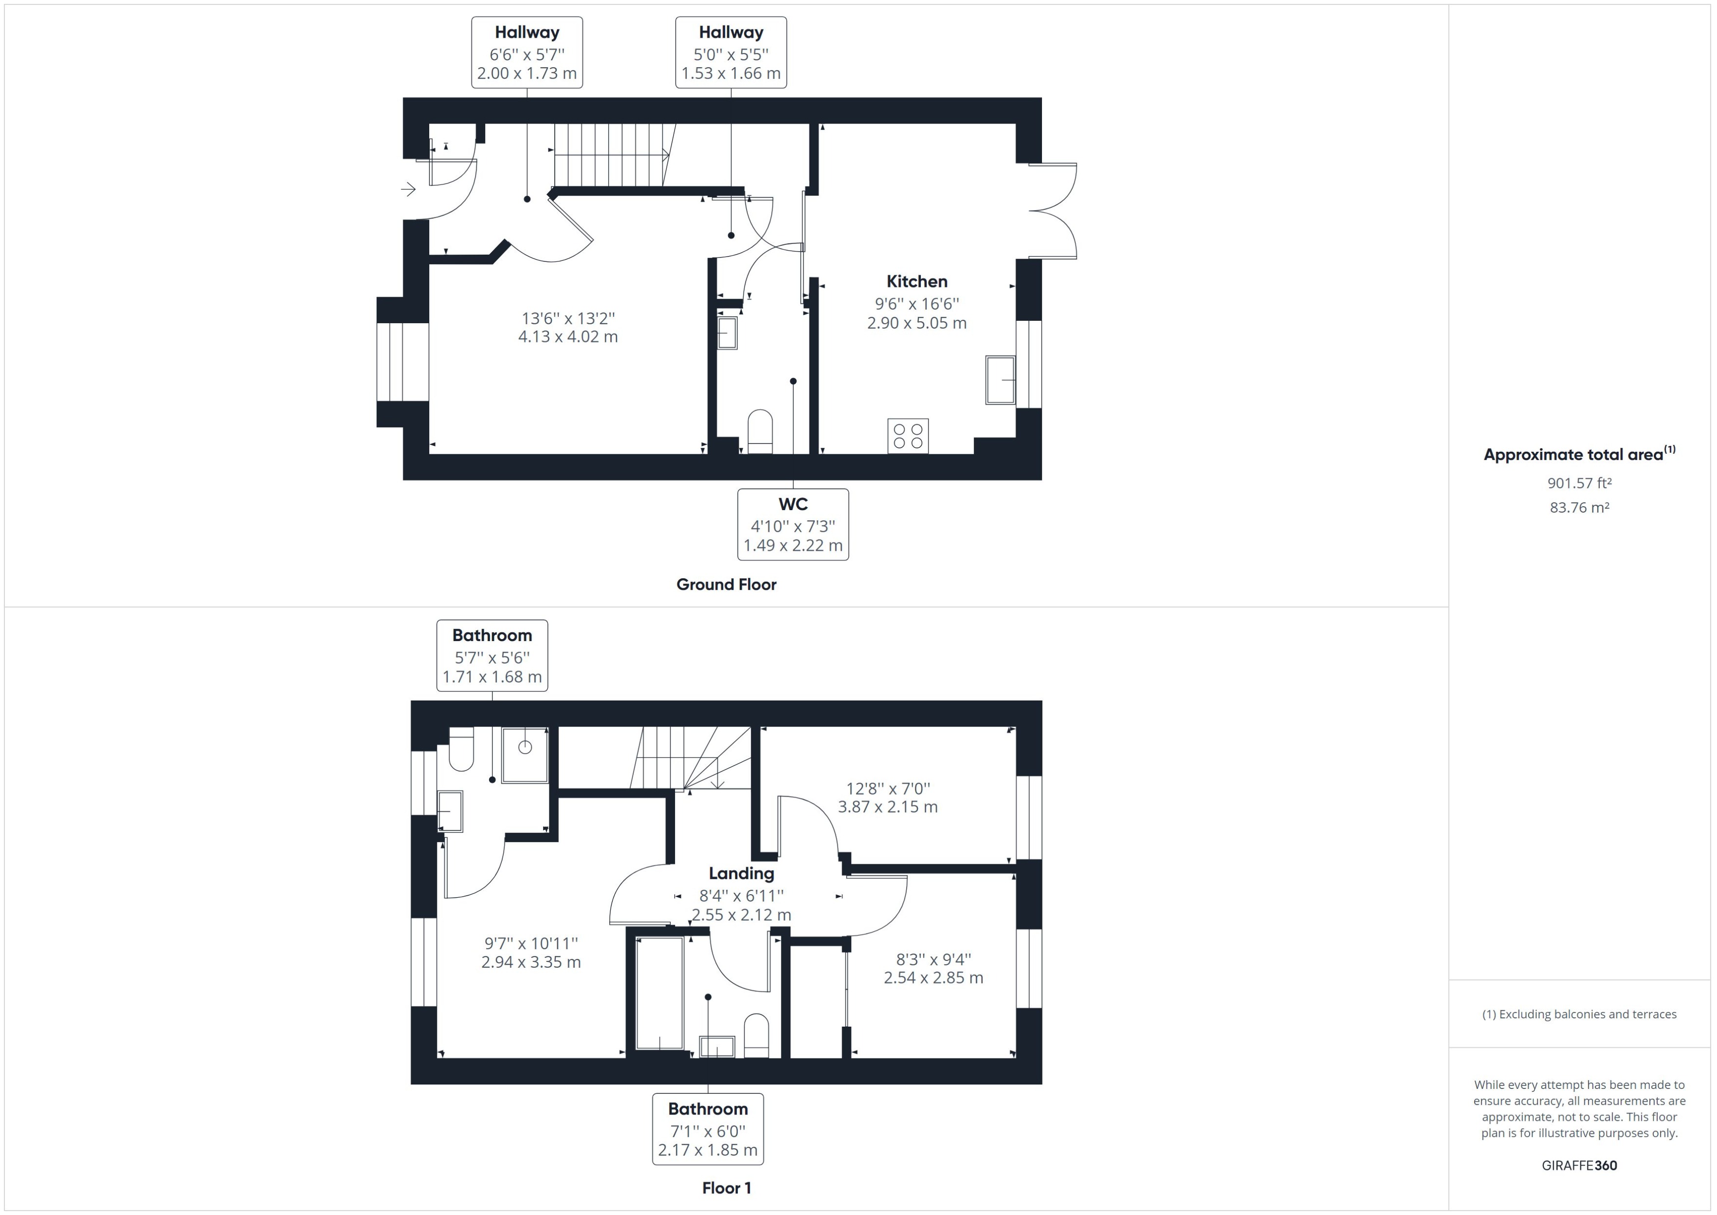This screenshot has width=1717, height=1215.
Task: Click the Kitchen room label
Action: (916, 281)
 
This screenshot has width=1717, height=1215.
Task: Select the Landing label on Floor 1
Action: (741, 873)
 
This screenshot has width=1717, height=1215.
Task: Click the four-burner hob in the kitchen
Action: (908, 436)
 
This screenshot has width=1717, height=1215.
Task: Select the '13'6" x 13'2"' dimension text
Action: (568, 318)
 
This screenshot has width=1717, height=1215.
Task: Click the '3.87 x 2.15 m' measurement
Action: (887, 806)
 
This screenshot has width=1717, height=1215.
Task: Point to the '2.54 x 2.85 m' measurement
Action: (933, 977)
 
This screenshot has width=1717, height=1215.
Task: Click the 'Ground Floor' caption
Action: (726, 584)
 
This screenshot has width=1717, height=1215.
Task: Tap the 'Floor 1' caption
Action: (726, 1188)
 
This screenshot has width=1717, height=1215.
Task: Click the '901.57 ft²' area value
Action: (1579, 483)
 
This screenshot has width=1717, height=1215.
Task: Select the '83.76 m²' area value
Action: (1579, 507)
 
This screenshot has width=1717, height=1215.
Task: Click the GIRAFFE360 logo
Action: (1579, 1165)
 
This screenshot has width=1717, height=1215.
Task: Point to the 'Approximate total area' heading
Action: (1579, 454)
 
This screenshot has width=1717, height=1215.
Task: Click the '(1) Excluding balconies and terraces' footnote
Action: (1579, 1014)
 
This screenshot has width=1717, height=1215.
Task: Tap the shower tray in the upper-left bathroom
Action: (524, 754)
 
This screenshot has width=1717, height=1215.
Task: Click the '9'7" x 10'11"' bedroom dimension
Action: (530, 943)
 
